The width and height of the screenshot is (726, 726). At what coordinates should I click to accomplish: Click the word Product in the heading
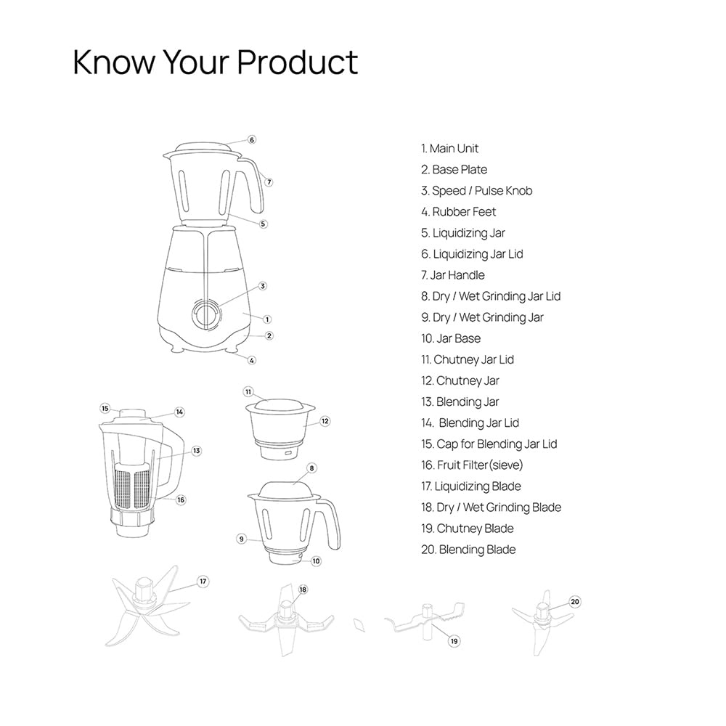[x=298, y=62]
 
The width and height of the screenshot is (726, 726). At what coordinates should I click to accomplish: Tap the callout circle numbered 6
[x=251, y=139]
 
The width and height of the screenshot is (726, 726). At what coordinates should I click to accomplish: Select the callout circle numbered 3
[x=263, y=286]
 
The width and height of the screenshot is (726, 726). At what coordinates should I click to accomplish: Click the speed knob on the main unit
[x=206, y=314]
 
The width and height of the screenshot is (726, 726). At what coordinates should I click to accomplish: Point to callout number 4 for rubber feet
[x=252, y=360]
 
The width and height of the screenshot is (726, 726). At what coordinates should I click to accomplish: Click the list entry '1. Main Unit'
[x=450, y=149]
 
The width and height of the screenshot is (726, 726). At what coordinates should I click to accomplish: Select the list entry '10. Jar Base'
[x=451, y=338]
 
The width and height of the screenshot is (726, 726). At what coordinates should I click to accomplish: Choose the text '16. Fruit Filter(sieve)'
[x=472, y=465]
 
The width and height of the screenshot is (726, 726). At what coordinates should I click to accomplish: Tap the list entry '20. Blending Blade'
[x=469, y=550]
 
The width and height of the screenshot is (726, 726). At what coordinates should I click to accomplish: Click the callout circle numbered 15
[x=105, y=408]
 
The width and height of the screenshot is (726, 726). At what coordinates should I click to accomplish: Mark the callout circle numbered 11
[x=248, y=391]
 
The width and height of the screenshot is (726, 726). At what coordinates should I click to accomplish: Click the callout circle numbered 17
[x=203, y=582]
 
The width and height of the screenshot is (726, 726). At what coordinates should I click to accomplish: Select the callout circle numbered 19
[x=454, y=641]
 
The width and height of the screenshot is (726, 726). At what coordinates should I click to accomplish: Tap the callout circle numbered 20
[x=575, y=601]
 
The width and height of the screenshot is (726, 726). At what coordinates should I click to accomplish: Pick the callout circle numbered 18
[x=303, y=590]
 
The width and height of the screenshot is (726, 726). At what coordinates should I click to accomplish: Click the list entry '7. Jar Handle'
[x=453, y=275]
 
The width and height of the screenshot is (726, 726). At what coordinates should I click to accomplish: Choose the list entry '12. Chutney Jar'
[x=460, y=380]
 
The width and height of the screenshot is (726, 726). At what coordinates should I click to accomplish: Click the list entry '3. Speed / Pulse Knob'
[x=477, y=191]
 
